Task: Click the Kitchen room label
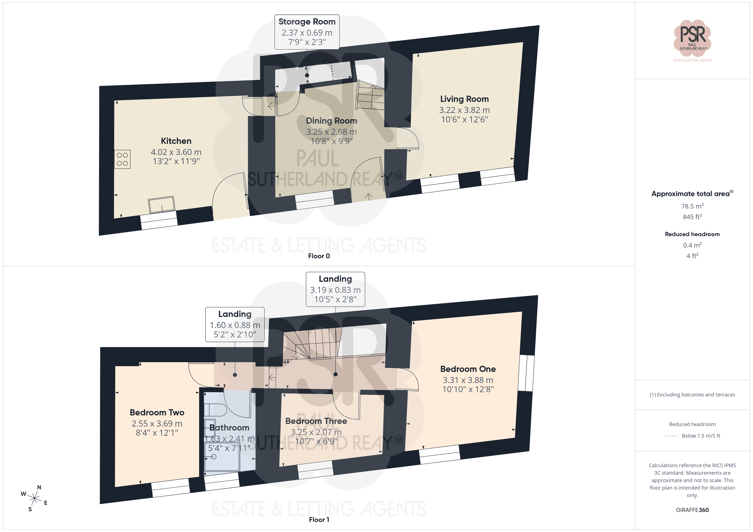coord(176,141)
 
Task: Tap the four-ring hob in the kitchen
coord(122,159)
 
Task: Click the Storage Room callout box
coord(307,32)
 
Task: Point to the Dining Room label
coord(331,121)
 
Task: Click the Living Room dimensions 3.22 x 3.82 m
coord(464,110)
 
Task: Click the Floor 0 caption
coord(319,256)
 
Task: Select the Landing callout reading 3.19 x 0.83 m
coord(335,289)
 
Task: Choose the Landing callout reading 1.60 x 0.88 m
coord(235,325)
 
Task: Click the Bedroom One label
coord(468,369)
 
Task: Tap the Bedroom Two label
coord(157,412)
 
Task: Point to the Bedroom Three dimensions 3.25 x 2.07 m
coord(316,432)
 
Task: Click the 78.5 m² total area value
coord(692,206)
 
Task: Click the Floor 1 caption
coord(319,520)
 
